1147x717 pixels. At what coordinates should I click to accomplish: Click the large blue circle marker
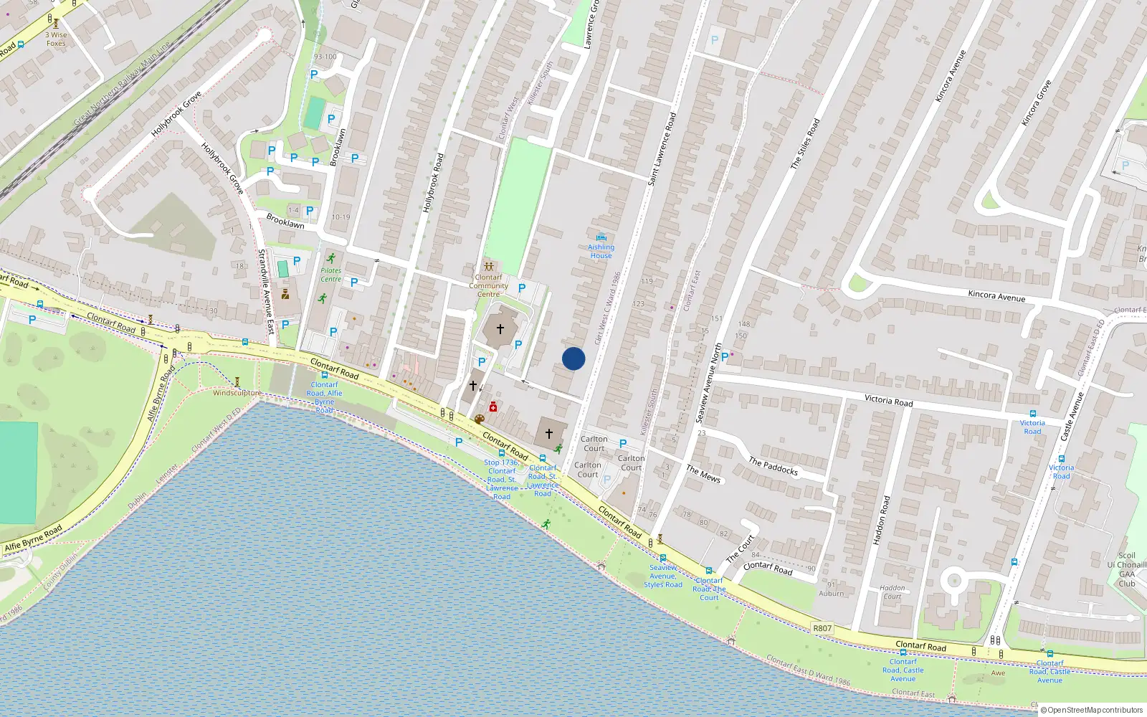pyautogui.click(x=573, y=358)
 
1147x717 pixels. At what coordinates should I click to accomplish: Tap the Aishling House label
pyautogui.click(x=601, y=251)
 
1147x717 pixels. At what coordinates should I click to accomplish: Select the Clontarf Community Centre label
pyautogui.click(x=489, y=285)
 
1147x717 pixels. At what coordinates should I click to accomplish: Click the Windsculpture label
pyautogui.click(x=237, y=393)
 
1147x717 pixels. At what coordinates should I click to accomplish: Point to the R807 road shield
pyautogui.click(x=822, y=628)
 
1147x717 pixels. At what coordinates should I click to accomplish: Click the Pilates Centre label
pyautogui.click(x=330, y=275)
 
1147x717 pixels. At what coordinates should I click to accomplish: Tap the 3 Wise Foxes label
pyautogui.click(x=56, y=39)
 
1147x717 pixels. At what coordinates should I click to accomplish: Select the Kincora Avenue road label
pyautogui.click(x=996, y=295)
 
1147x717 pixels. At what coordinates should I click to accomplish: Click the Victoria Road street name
pyautogui.click(x=888, y=400)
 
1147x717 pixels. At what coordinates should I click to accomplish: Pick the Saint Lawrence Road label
pyautogui.click(x=662, y=149)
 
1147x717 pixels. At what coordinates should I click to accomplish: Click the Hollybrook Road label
pyautogui.click(x=433, y=182)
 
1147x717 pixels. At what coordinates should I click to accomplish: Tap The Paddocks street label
pyautogui.click(x=773, y=466)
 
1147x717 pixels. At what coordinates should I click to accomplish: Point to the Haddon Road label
pyautogui.click(x=881, y=520)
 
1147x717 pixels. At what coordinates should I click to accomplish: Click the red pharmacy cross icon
pyautogui.click(x=493, y=407)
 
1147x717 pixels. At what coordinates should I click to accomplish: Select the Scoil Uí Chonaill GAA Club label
pyautogui.click(x=1126, y=569)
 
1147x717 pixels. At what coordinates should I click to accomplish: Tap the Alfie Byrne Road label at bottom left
pyautogui.click(x=33, y=538)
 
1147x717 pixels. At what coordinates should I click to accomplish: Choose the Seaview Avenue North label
pyautogui.click(x=709, y=383)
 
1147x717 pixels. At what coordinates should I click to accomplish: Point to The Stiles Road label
pyautogui.click(x=805, y=144)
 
